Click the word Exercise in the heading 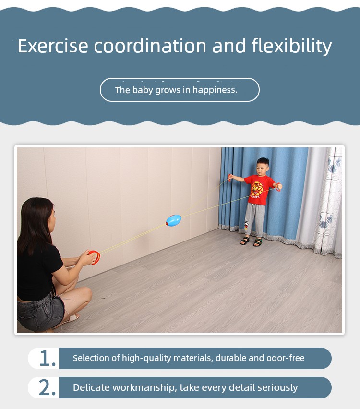(x=53, y=46)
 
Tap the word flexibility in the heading (x=291, y=47)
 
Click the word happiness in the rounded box (x=215, y=90)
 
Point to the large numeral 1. (x=48, y=358)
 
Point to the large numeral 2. (x=47, y=387)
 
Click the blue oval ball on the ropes (x=173, y=220)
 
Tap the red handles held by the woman (x=95, y=257)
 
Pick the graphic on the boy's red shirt (x=256, y=189)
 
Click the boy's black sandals (x=251, y=241)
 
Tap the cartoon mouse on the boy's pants (x=246, y=225)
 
